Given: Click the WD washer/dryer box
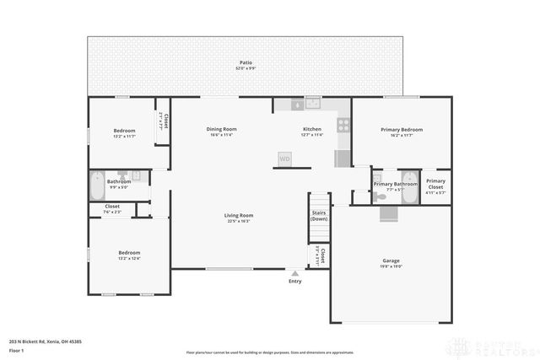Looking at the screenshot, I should (x=284, y=158).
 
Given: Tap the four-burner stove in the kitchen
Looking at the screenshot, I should (x=343, y=123).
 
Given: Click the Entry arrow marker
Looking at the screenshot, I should (x=294, y=273).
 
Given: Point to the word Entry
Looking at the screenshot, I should (x=294, y=281).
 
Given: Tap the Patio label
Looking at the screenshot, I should (x=246, y=62).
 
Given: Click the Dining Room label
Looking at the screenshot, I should (x=222, y=129).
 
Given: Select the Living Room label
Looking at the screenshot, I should (x=239, y=215).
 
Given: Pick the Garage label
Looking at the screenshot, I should (x=391, y=261).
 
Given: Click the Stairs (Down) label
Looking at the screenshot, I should (x=319, y=215).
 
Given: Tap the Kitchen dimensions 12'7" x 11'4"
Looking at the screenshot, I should (x=312, y=135).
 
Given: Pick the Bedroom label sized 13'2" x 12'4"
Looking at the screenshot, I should (x=129, y=253).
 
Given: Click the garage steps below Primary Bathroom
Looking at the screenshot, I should (x=387, y=213).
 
